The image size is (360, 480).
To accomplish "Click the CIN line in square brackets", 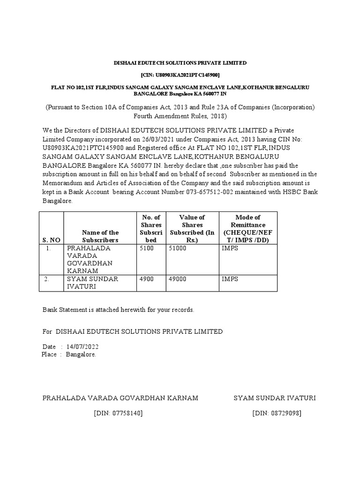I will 180,75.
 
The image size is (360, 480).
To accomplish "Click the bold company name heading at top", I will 180,63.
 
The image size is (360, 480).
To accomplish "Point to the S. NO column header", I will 50,240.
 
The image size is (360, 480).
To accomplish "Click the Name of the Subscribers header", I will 100,236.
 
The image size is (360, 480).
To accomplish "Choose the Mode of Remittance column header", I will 248,229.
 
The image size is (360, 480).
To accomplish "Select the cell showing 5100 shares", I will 147,248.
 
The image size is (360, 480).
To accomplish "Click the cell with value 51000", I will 178,248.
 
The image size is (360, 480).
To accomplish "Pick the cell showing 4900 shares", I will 147,279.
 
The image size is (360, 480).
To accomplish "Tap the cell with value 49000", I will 178,279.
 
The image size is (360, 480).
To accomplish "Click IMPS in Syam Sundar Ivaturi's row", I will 230,279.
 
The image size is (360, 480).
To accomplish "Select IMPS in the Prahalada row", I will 230,248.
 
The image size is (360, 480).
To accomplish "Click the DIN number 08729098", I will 277,413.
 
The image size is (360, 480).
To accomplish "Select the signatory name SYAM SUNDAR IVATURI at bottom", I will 275,398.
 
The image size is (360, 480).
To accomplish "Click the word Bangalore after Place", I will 81,355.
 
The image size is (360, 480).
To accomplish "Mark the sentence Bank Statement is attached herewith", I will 118,310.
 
